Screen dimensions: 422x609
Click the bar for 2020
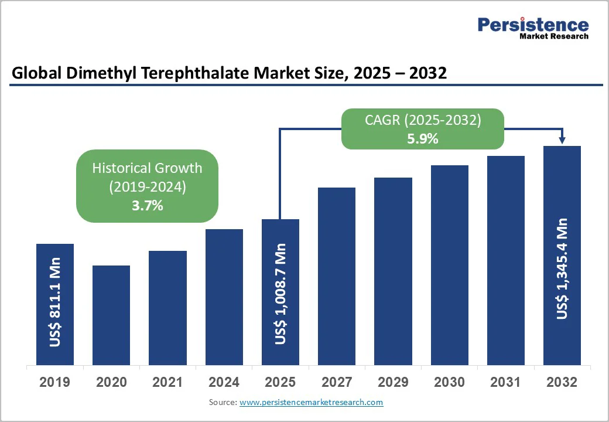(x=111, y=315)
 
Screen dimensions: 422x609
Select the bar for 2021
(x=167, y=308)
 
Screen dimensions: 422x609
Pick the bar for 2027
(x=337, y=276)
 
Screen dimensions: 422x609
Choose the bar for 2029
(x=393, y=271)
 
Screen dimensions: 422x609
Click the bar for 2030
(x=450, y=265)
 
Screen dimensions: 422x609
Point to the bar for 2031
(x=506, y=260)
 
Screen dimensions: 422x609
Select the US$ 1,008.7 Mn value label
(x=281, y=294)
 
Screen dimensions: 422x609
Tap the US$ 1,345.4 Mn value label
(x=562, y=269)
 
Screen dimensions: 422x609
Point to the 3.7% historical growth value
(x=147, y=206)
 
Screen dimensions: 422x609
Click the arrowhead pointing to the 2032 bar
(x=562, y=140)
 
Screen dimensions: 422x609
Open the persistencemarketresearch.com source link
(x=311, y=402)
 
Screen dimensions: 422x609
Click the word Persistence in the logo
(x=533, y=25)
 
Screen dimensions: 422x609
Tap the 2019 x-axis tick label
(x=54, y=382)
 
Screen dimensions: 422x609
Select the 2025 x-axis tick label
(x=280, y=382)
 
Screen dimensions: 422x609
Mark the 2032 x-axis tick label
(x=562, y=382)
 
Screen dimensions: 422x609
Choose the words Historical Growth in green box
(x=147, y=168)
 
